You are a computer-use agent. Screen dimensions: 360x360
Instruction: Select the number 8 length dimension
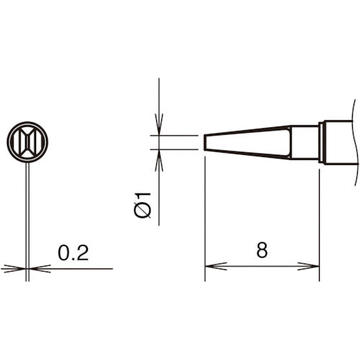click(261, 251)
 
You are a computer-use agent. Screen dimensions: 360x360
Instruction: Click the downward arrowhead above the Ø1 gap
click(159, 126)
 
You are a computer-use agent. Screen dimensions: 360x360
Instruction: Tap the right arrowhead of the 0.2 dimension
click(39, 269)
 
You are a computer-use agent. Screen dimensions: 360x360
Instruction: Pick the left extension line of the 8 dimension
click(205, 216)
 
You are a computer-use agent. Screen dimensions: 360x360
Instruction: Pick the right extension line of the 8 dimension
click(319, 216)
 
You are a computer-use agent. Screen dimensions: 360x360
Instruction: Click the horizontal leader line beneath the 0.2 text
click(79, 269)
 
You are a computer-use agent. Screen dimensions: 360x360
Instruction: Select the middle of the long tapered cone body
click(248, 142)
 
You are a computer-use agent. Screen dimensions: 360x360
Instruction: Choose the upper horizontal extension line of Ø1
click(176, 135)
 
